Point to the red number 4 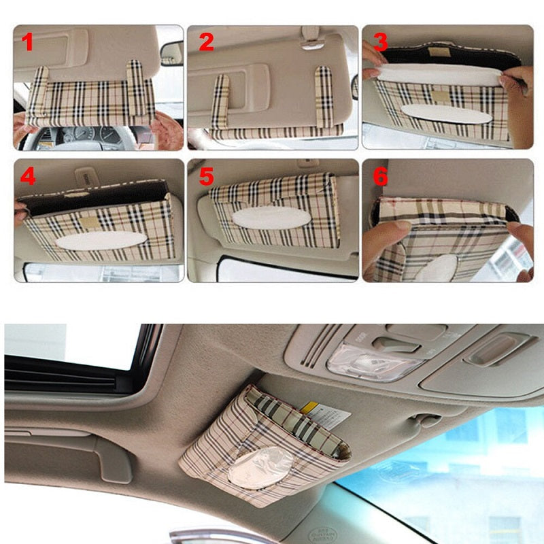pos(27,176)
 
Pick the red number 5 pos(206,177)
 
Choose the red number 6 pos(380,176)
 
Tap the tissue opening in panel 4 pos(101,241)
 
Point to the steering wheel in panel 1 pos(61,136)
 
